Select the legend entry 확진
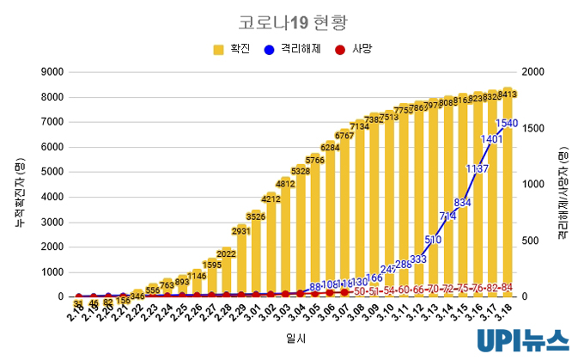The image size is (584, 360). pos(232,50)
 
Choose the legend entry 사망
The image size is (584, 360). pos(353,50)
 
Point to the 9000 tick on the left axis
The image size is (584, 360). pos(52,72)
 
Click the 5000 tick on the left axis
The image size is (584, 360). pos(52,172)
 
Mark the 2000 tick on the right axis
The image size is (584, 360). pos(534,72)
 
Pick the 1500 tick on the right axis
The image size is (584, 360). pos(534,128)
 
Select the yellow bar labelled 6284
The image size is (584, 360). pos(330,223)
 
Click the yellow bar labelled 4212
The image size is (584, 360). pos(271,249)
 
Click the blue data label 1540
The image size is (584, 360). pos(507,124)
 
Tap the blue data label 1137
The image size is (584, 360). pos(477,169)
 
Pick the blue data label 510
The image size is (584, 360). pos(433,240)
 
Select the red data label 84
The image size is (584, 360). pos(508,287)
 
